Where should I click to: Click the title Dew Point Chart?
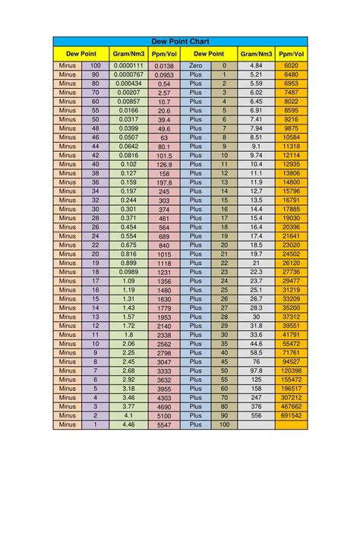(181, 42)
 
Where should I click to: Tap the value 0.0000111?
(128, 66)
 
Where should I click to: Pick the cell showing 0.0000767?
(128, 75)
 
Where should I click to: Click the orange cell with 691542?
(292, 415)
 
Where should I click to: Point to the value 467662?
(292, 406)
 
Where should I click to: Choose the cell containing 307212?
(292, 397)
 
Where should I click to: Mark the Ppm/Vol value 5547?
(164, 425)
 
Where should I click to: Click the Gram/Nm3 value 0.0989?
(128, 272)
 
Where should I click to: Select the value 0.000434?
(128, 84)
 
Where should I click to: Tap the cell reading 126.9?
(164, 165)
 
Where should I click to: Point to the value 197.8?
(164, 183)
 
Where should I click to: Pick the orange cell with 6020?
(292, 66)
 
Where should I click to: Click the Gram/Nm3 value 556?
(256, 415)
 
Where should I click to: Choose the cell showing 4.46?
(128, 424)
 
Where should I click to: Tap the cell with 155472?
(292, 379)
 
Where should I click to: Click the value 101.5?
(164, 156)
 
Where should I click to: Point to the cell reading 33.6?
(256, 334)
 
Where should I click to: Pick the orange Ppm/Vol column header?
(292, 54)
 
